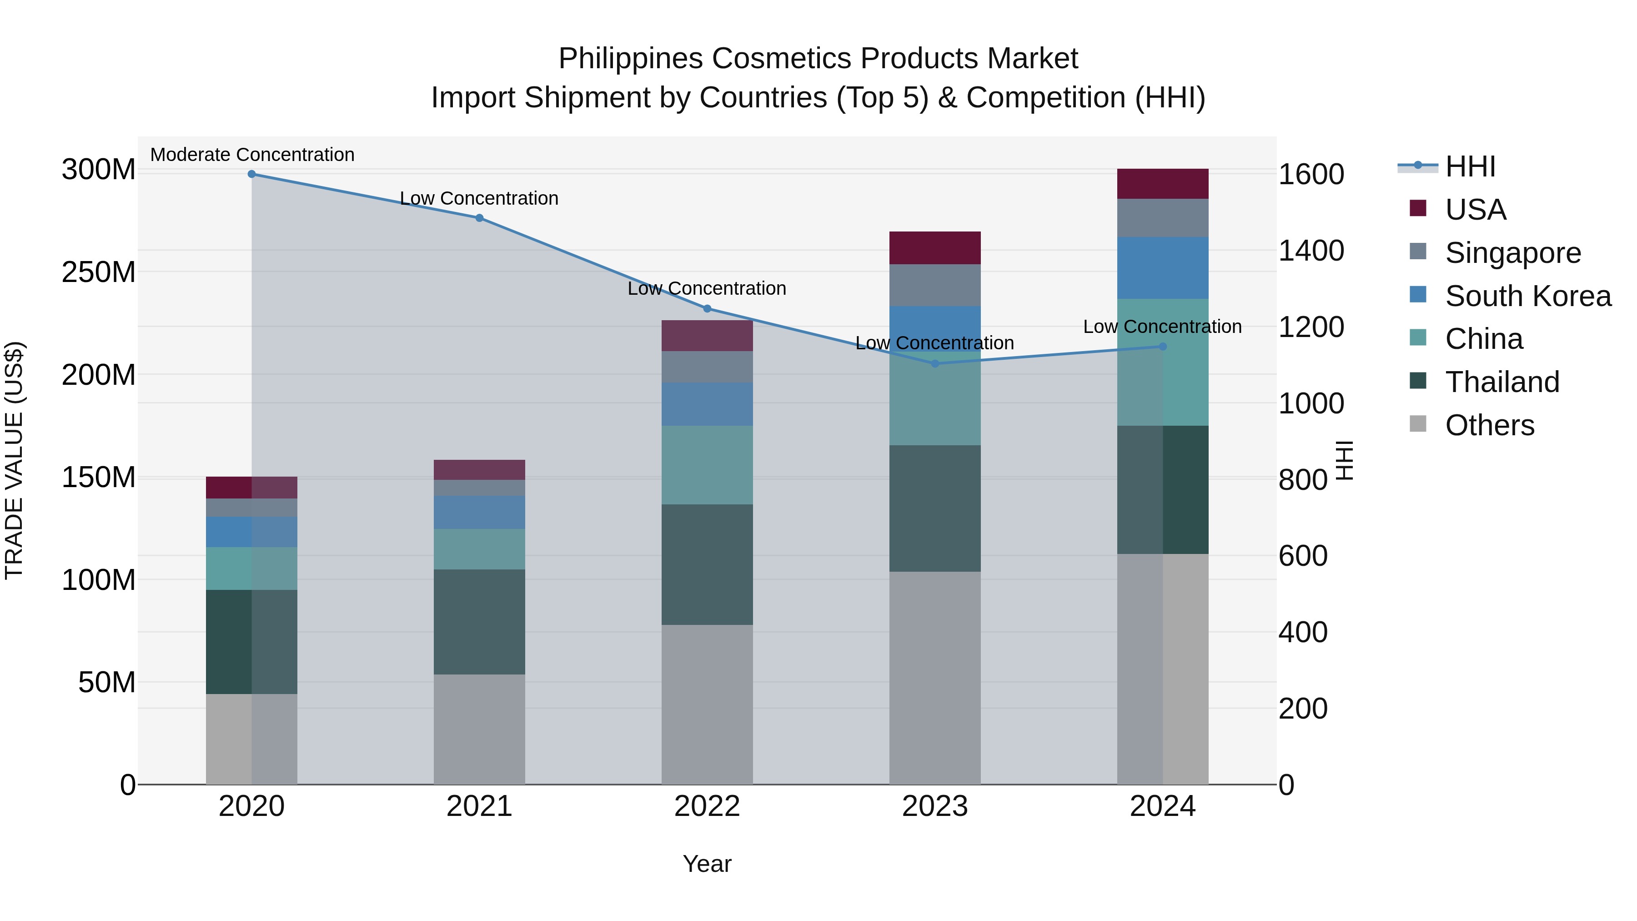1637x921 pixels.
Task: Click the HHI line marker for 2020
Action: point(251,174)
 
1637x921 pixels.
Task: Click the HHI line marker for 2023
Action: point(935,363)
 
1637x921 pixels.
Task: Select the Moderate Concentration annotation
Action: point(252,155)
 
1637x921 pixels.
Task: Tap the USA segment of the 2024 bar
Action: point(1162,184)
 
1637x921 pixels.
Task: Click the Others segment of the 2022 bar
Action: point(707,704)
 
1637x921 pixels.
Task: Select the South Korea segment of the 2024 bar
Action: point(1162,267)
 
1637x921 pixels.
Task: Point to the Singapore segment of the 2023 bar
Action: point(935,285)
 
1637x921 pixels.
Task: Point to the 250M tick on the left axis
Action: point(99,272)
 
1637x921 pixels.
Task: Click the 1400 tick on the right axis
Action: point(1311,251)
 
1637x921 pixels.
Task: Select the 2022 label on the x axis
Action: point(707,806)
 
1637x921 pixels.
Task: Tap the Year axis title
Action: point(707,864)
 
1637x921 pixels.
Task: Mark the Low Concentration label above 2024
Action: point(1162,327)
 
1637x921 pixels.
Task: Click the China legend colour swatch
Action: point(1418,337)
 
